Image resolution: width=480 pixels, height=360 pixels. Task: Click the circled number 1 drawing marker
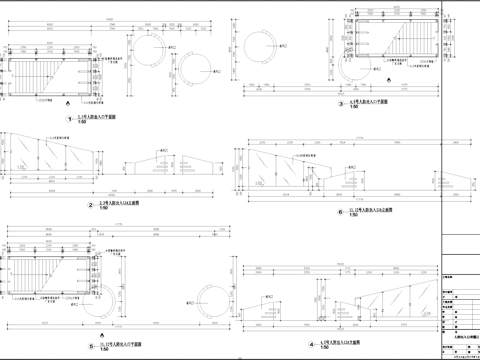tap(71, 118)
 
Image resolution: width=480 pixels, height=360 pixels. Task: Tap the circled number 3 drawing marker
tap(340, 104)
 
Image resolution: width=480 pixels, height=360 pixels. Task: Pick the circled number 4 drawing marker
tap(313, 343)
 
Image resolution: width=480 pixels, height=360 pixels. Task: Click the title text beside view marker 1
tap(96, 116)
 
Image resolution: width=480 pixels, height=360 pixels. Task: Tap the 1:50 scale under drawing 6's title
tap(354, 216)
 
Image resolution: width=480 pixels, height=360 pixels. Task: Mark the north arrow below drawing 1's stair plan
tap(66, 102)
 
